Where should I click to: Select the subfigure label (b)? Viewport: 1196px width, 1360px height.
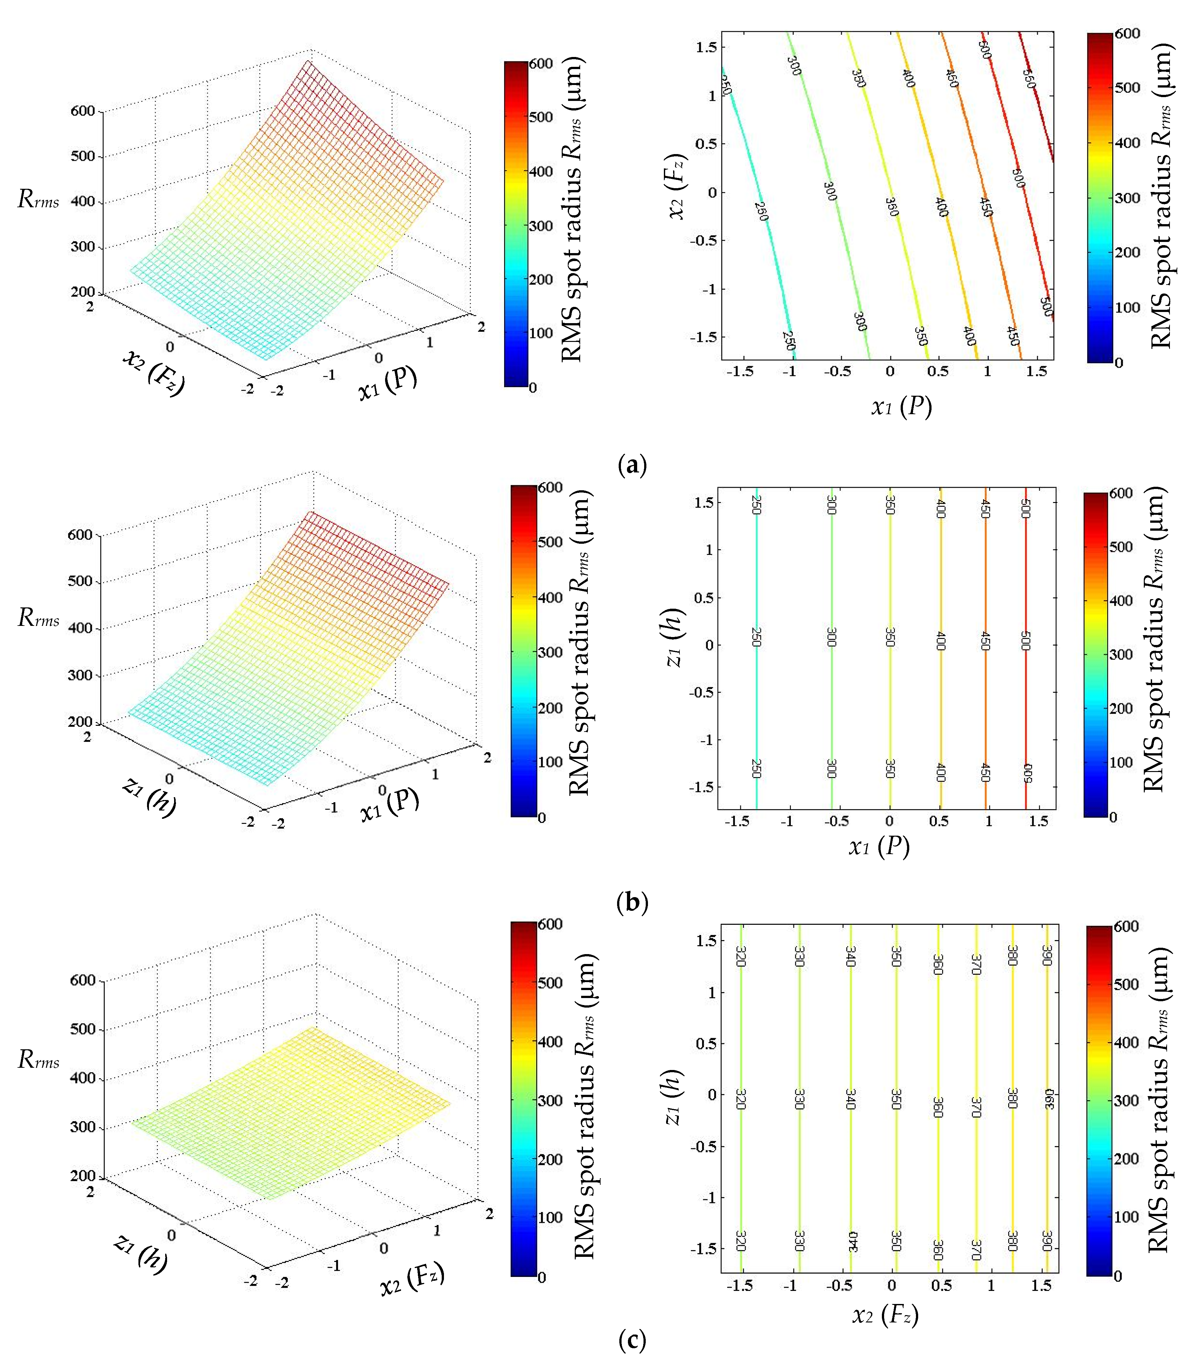click(632, 903)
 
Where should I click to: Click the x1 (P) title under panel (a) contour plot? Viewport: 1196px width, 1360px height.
click(901, 406)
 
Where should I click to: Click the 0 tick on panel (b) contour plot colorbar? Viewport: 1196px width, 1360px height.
click(1113, 816)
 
